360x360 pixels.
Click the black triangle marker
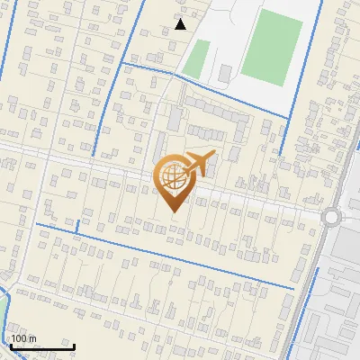(181, 24)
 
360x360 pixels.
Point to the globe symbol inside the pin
(172, 177)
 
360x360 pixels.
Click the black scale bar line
(41, 346)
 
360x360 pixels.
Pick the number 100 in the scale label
(20, 338)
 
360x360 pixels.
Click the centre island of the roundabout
(333, 217)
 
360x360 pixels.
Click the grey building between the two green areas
(224, 71)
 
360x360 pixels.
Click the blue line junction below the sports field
(290, 115)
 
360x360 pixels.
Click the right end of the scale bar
(73, 346)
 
